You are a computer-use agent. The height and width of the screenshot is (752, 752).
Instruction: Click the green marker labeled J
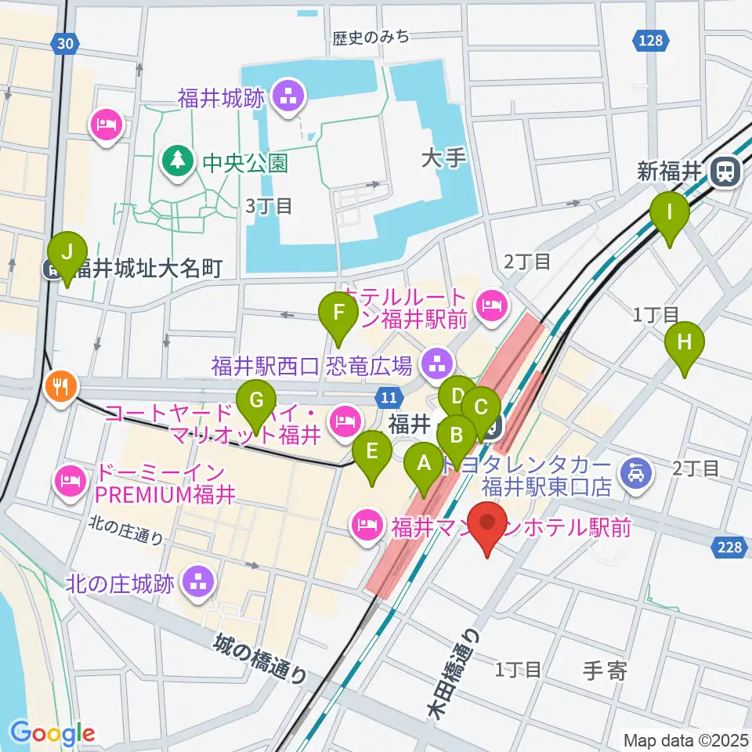(x=67, y=254)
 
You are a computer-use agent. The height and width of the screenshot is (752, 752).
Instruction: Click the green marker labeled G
(x=256, y=402)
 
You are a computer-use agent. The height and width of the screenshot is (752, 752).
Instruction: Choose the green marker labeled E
(x=372, y=452)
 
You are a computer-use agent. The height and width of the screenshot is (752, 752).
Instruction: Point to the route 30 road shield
(x=68, y=45)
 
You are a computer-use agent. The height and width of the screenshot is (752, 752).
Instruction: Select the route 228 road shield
(x=729, y=548)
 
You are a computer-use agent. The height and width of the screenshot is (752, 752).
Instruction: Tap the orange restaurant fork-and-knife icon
(x=60, y=385)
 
